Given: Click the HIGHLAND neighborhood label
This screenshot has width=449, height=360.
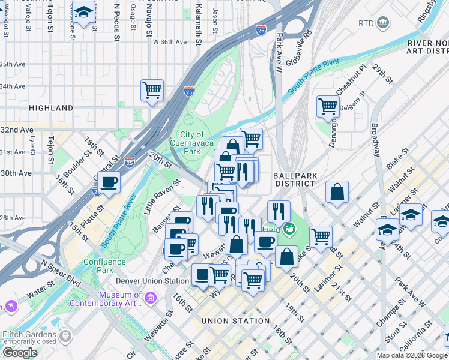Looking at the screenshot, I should [x=50, y=108].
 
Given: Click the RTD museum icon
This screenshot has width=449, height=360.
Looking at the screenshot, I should [x=383, y=23].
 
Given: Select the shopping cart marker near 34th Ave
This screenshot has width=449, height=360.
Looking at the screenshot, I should [x=152, y=90].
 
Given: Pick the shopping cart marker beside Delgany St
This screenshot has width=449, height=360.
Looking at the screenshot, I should [x=328, y=106].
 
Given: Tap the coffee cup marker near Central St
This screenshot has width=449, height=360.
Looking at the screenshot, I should [x=109, y=181].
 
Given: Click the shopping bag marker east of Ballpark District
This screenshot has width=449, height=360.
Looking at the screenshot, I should [x=337, y=192].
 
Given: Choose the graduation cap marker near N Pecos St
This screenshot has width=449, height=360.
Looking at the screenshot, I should [x=84, y=12].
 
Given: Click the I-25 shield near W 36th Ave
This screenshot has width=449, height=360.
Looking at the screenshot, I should [x=260, y=28].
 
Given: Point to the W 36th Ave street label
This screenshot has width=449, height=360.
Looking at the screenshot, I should [x=170, y=42].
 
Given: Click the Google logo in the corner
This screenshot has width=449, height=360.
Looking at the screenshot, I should [x=20, y=353].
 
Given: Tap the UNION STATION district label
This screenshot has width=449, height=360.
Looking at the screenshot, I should [x=235, y=321].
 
